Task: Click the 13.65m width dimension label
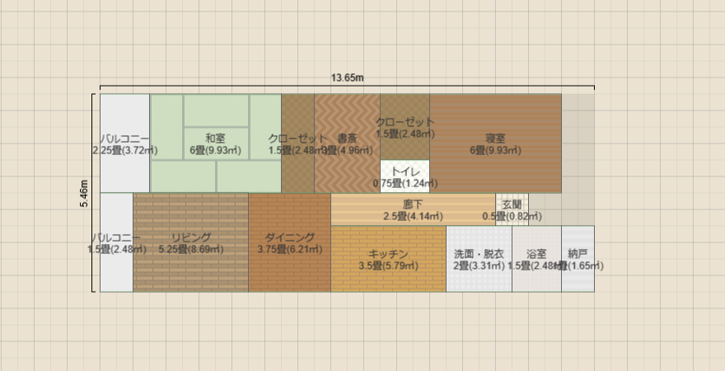pyautogui.click(x=348, y=78)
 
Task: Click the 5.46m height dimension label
pyautogui.click(x=84, y=192)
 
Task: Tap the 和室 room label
pyautogui.click(x=216, y=139)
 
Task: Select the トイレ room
pyautogui.click(x=405, y=176)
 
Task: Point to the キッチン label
pyautogui.click(x=388, y=254)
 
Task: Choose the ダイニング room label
pyautogui.click(x=289, y=237)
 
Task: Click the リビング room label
pyautogui.click(x=191, y=237)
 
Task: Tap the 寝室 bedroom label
pyautogui.click(x=495, y=139)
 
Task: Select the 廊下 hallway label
pyautogui.click(x=413, y=204)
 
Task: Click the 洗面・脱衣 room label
pyautogui.click(x=479, y=254)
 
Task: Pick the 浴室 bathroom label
pyautogui.click(x=536, y=254)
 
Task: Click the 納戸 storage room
pyautogui.click(x=578, y=259)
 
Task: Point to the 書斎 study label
pyautogui.click(x=347, y=139)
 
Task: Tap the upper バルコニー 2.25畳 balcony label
pyautogui.click(x=124, y=139)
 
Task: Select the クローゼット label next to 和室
pyautogui.click(x=297, y=139)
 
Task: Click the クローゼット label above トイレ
pyautogui.click(x=405, y=122)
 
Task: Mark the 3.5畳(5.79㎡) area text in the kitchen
pyautogui.click(x=388, y=265)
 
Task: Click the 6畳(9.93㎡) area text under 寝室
pyautogui.click(x=495, y=150)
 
